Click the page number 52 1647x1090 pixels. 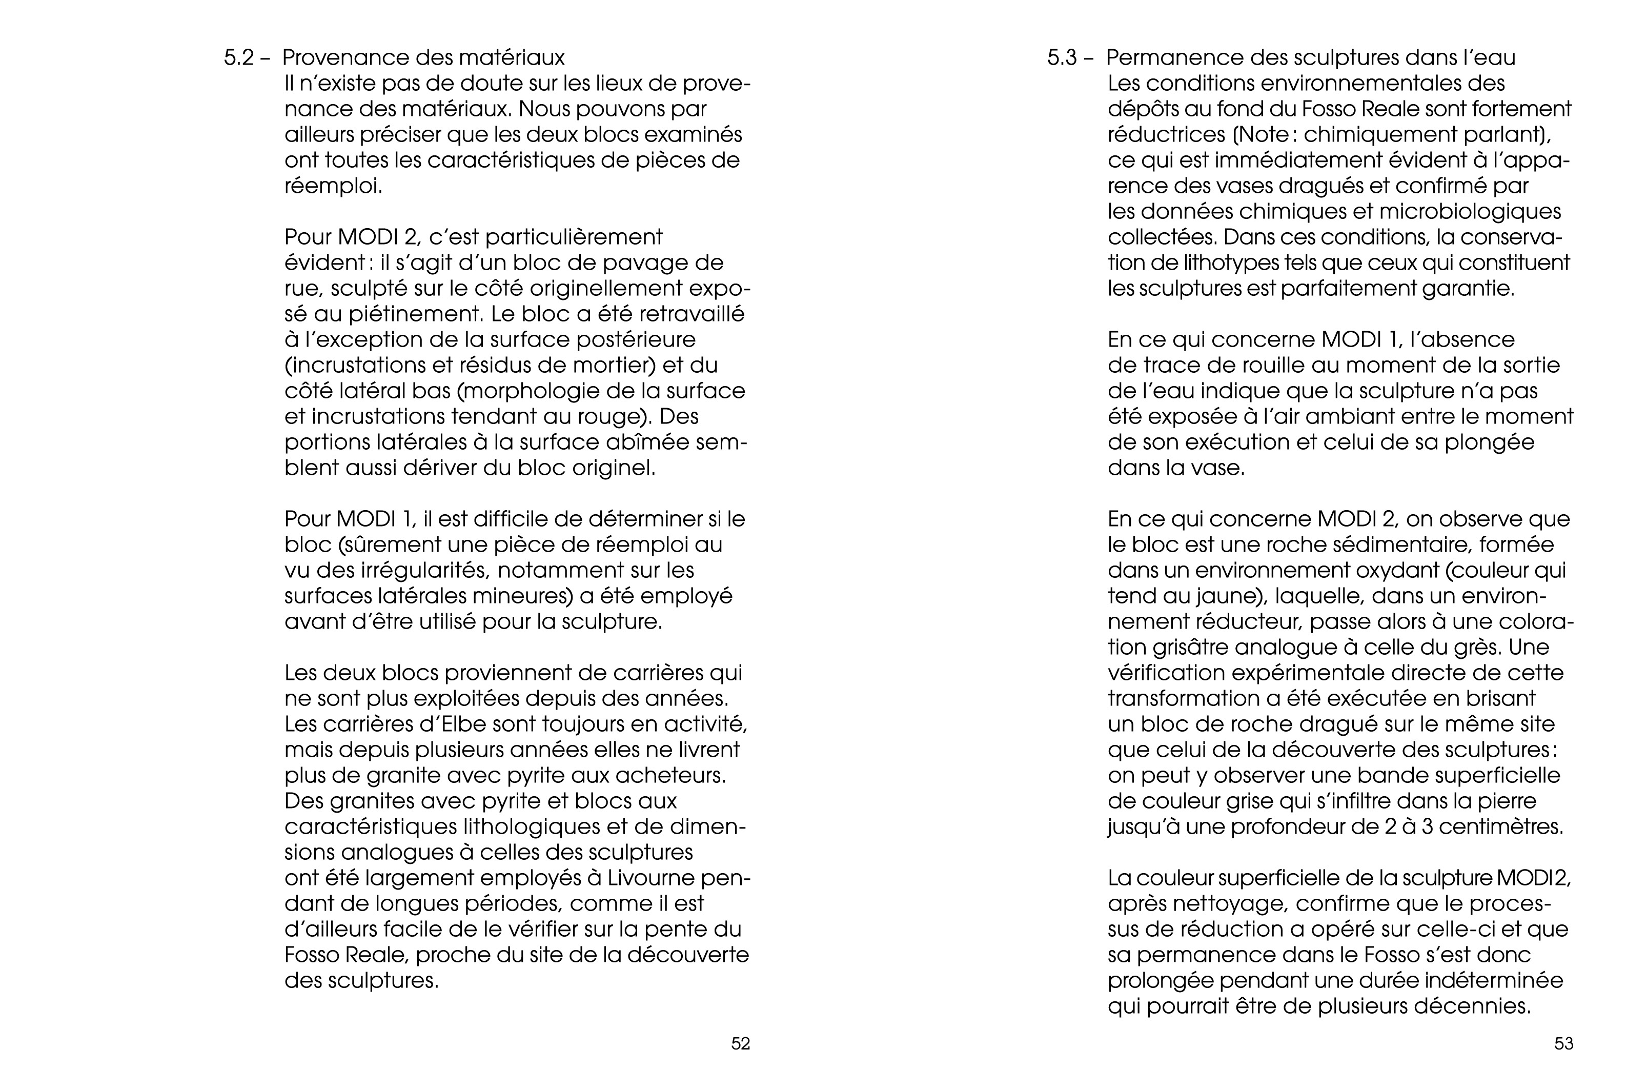[740, 1043]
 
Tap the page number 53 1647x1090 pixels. [1563, 1043]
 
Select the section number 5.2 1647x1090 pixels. [239, 58]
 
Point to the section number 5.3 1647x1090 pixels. [1063, 58]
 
